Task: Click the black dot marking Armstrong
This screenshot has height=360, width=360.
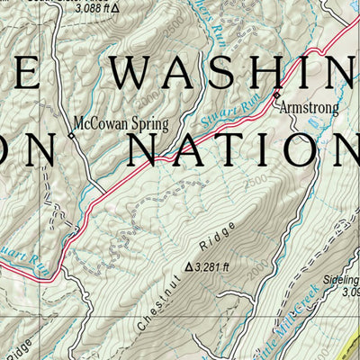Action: [x=276, y=94]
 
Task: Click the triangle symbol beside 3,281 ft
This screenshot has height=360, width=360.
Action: [x=189, y=266]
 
